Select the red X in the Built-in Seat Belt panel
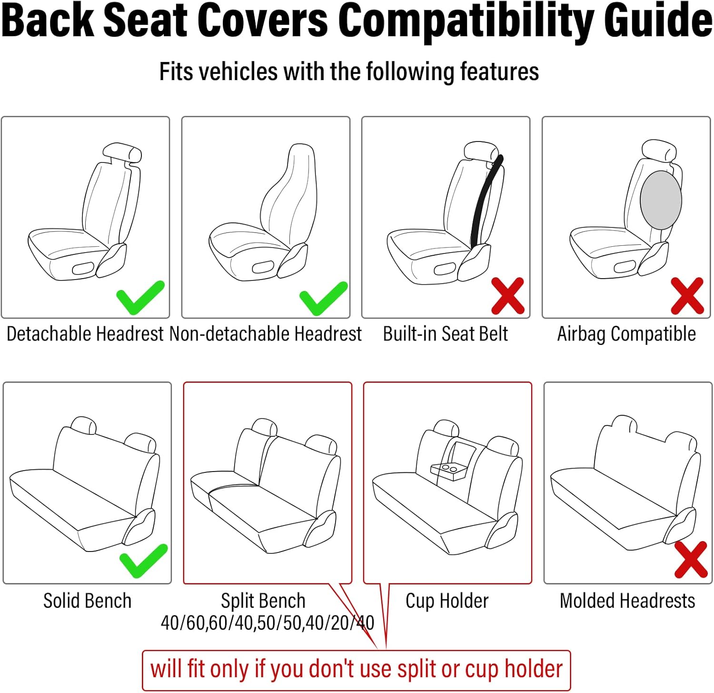507,296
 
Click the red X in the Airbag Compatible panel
687,296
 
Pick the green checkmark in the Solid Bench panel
143,561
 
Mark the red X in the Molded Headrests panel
691,559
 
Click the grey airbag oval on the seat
660,201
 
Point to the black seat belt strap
485,200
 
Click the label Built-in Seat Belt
445,334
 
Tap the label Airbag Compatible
626,334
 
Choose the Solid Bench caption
87,601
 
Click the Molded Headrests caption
627,601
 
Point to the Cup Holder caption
447,601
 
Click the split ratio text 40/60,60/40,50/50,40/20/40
268,623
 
